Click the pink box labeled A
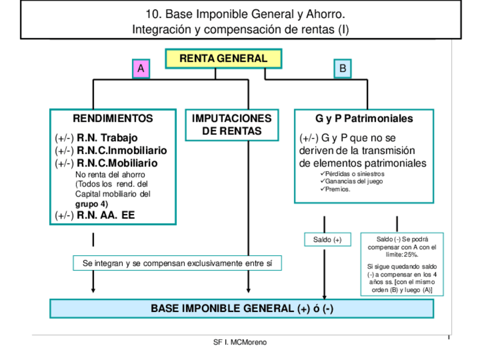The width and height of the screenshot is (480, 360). click(140, 68)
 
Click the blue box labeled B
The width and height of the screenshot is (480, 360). click(342, 68)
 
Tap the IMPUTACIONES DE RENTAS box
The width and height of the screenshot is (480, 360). click(232, 125)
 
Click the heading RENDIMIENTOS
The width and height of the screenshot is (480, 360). click(113, 118)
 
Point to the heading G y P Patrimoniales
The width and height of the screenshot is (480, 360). click(364, 119)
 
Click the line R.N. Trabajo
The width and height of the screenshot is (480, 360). click(107, 138)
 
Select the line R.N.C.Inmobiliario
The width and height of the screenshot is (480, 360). click(122, 151)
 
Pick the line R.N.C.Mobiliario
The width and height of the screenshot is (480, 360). click(117, 163)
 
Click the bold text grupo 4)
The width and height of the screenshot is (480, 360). click(92, 204)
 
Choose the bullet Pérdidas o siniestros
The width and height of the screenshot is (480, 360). click(354, 174)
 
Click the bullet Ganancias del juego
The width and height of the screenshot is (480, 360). click(354, 181)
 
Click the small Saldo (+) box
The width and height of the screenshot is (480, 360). click(327, 239)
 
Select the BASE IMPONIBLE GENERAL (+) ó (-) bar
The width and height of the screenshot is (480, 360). click(242, 308)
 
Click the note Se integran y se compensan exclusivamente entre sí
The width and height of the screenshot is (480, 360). click(177, 263)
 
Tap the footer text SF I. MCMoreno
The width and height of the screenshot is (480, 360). click(240, 342)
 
